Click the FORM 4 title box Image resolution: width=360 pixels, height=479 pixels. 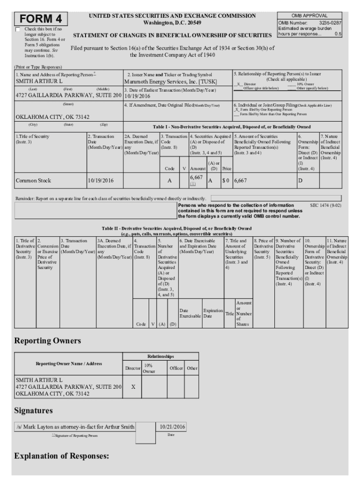pos(41,19)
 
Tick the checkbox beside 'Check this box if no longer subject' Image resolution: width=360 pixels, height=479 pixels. pos(18,29)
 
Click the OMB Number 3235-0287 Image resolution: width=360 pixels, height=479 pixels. pos(329,22)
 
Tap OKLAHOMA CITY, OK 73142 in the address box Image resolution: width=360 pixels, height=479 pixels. pos(52,117)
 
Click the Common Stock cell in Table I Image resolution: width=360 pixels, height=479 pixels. pos(33,180)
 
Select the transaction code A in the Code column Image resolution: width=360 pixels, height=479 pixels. pos(169,180)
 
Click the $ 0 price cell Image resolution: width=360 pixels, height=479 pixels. pos(226,180)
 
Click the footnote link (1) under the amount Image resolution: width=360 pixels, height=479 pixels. pos(193,184)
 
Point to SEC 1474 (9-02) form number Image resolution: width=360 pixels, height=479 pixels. pos(325,205)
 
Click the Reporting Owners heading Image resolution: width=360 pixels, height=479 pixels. pos(48,340)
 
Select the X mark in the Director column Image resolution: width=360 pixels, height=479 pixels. pos(133,387)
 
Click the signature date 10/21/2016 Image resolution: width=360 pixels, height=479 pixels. pos(173,427)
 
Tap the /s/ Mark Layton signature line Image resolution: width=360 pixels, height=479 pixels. pos(75,427)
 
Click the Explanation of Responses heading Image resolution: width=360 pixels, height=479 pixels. pos(62,456)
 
